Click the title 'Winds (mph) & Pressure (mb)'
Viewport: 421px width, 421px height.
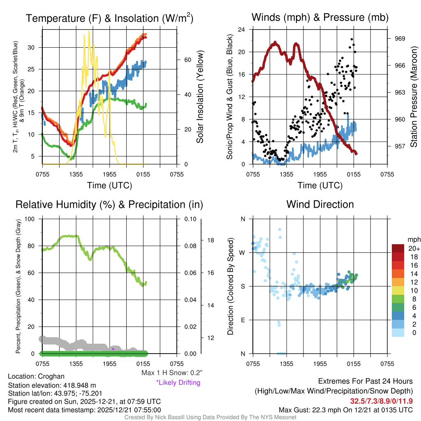(x=320, y=17)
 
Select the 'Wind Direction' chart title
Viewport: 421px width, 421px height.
(x=320, y=204)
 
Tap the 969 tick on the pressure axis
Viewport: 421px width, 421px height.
(x=400, y=38)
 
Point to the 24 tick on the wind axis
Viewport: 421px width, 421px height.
(x=242, y=30)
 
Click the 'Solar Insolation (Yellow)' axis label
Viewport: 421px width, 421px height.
(x=200, y=97)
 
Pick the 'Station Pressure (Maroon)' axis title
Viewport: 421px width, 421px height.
(x=414, y=97)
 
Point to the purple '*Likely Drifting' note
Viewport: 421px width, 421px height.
(x=178, y=382)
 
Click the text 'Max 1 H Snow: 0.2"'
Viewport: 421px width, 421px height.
(x=172, y=373)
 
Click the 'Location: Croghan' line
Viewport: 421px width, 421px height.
(x=36, y=376)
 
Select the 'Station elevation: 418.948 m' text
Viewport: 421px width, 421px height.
(x=52, y=385)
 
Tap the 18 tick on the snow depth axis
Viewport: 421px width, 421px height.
(x=210, y=240)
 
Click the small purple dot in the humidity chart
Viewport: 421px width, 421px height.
(x=113, y=349)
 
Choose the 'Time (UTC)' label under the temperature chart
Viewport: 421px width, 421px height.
(x=109, y=185)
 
